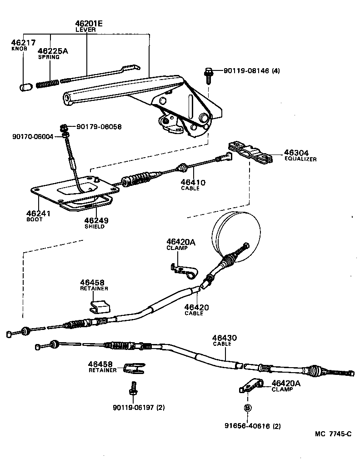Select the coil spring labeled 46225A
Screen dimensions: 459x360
click(x=48, y=84)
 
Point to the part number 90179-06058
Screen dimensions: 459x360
click(x=99, y=127)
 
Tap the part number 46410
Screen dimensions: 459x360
click(x=193, y=183)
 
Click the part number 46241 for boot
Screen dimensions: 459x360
click(x=38, y=213)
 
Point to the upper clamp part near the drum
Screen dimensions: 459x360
click(x=184, y=270)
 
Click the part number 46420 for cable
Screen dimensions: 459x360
click(x=196, y=308)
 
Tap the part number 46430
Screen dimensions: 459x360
click(x=225, y=338)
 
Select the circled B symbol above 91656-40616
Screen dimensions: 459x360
click(x=247, y=408)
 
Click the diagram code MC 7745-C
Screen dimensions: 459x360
click(x=333, y=434)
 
